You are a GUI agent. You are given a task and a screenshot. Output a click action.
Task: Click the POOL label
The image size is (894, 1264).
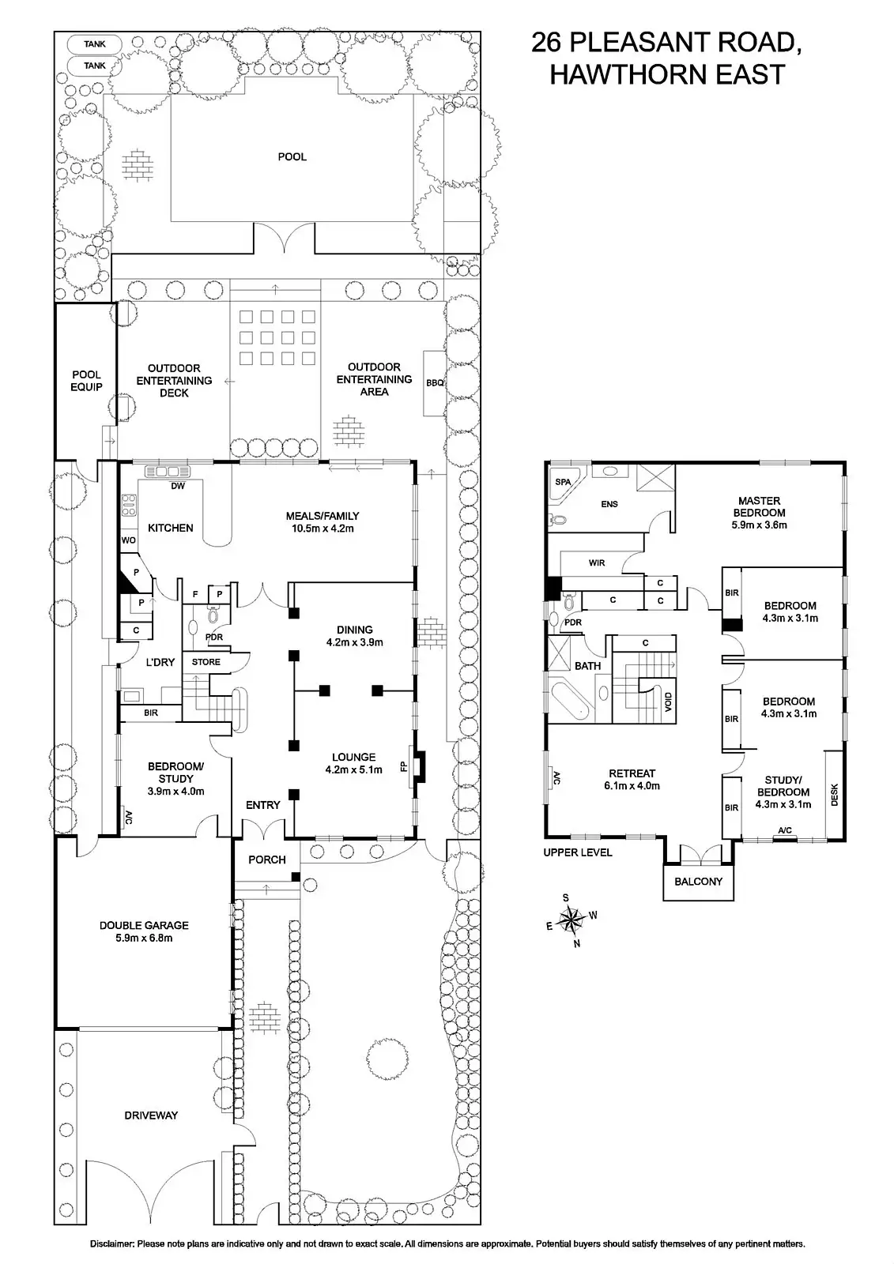click(x=292, y=157)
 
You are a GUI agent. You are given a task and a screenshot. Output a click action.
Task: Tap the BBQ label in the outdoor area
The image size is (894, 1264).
click(x=436, y=383)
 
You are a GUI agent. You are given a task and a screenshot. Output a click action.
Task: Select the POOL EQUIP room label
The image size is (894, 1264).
click(x=86, y=381)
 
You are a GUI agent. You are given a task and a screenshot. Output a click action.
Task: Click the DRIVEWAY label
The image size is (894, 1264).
click(x=151, y=1115)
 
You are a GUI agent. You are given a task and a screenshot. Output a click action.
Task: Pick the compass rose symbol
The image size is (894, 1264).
click(x=571, y=919)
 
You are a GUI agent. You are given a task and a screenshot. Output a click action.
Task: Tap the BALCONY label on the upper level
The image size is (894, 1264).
click(x=698, y=881)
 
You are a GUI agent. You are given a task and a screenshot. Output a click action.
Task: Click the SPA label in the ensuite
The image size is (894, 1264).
click(x=563, y=482)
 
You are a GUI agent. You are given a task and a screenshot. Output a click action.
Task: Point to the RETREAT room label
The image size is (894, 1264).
click(x=632, y=773)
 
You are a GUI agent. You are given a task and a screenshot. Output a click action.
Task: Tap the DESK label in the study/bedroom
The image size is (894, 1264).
click(x=835, y=794)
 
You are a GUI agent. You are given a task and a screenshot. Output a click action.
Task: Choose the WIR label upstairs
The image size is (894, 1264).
click(x=597, y=563)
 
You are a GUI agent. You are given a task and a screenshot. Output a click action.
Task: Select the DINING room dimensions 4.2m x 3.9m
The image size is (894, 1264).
click(x=354, y=642)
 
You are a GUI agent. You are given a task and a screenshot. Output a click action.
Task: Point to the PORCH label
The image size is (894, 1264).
click(x=267, y=860)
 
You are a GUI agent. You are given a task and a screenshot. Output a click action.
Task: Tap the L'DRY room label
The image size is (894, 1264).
click(x=160, y=662)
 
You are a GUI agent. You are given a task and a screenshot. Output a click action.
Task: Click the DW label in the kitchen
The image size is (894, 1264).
click(x=178, y=487)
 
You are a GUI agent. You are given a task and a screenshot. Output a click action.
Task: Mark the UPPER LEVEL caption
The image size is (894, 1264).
click(x=577, y=852)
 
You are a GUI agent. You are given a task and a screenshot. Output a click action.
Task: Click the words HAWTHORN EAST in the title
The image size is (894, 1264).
click(x=666, y=75)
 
